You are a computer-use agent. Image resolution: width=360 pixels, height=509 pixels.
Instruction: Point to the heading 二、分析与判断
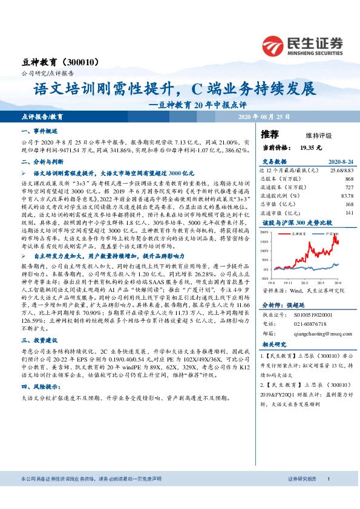[x=42, y=163]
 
